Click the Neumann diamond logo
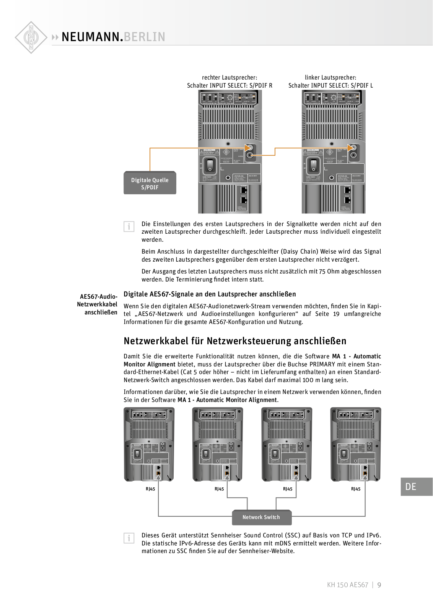point(31,37)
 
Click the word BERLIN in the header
point(145,37)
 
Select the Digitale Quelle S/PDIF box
point(150,183)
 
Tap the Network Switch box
point(262,517)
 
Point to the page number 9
point(379,585)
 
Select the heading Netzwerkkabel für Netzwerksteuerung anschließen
point(235,341)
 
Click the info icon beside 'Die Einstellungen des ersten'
point(129,227)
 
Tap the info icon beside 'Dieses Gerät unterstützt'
point(129,538)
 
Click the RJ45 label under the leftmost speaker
point(150,489)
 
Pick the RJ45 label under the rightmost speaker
point(356,489)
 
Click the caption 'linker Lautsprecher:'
point(330,78)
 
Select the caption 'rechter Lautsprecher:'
point(230,78)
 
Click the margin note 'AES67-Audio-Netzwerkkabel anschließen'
point(98,304)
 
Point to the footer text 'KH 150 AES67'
point(347,585)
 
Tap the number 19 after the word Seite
point(336,314)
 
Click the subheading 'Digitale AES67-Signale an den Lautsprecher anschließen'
point(210,294)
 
